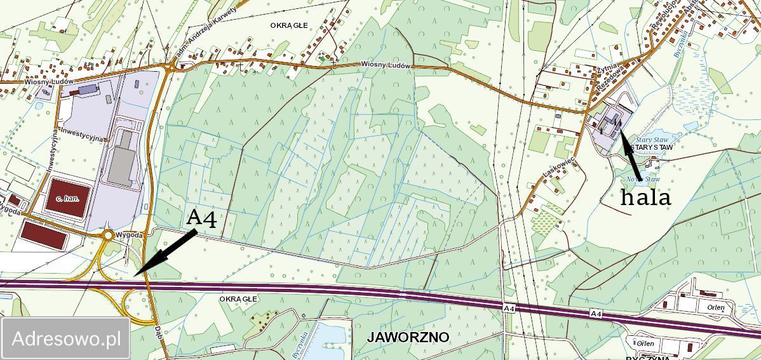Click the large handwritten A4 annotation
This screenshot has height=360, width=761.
[202, 219]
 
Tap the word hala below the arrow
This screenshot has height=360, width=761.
[645, 197]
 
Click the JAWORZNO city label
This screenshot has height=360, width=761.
[408, 337]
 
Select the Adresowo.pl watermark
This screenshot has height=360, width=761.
[67, 338]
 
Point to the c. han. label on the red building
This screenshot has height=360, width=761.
[67, 199]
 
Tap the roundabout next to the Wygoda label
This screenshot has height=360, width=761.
[109, 235]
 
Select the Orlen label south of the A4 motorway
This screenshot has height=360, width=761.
[645, 343]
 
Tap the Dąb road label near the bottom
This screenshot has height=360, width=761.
[158, 331]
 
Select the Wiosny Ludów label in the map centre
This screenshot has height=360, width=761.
[386, 65]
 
